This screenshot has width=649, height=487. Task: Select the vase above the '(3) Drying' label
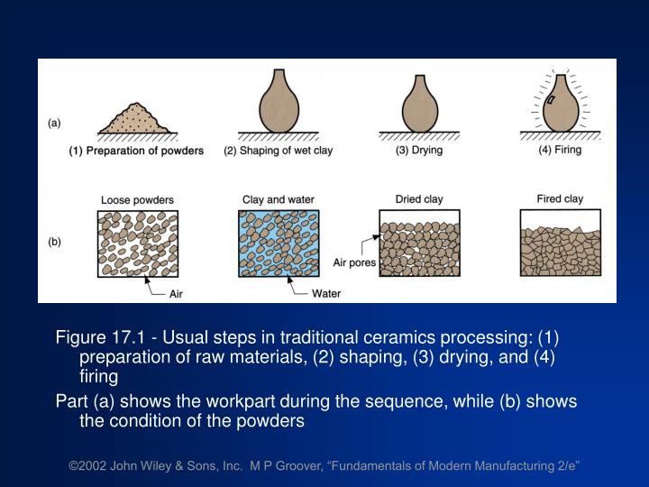[x=420, y=108]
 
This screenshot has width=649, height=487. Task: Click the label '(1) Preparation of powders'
[x=137, y=151]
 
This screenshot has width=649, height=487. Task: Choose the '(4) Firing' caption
[x=561, y=151]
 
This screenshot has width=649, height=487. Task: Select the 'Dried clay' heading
[x=417, y=199]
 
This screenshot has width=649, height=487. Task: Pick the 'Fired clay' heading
[x=561, y=199]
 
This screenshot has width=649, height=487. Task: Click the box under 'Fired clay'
[x=561, y=243]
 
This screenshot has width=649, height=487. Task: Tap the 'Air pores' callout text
[x=354, y=263]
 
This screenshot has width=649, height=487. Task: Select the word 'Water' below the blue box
[x=326, y=293]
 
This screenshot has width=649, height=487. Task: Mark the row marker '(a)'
[x=55, y=124]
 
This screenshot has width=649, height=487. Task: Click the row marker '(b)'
[x=55, y=242]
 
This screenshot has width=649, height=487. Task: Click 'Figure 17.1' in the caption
[x=100, y=339]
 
